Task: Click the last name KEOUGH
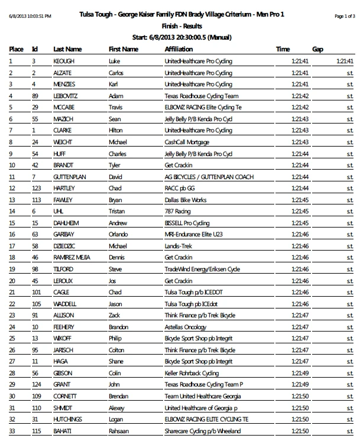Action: click(x=64, y=61)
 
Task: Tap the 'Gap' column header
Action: click(x=317, y=49)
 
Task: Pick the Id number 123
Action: click(x=37, y=188)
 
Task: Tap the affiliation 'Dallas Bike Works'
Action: click(x=187, y=200)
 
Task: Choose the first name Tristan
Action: click(x=118, y=211)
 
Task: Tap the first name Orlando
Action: click(x=120, y=234)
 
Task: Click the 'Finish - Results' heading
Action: click(x=180, y=27)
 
